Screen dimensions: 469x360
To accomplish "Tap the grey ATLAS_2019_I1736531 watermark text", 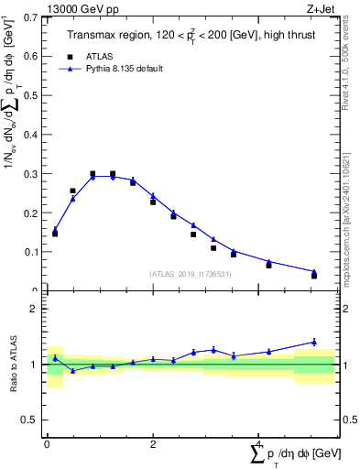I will tap(190, 274).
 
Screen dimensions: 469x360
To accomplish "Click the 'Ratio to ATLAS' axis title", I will tap(14, 365).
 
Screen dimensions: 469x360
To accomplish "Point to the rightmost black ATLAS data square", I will tap(314, 276).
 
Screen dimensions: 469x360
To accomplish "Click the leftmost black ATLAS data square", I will tap(55, 234).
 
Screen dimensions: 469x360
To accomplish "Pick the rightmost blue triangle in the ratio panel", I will tap(314, 342).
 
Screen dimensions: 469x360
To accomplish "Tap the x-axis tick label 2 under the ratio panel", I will tap(153, 444).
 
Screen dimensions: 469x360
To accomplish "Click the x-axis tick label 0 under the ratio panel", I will tap(47, 444).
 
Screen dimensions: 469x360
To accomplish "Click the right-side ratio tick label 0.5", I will tap(349, 420).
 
